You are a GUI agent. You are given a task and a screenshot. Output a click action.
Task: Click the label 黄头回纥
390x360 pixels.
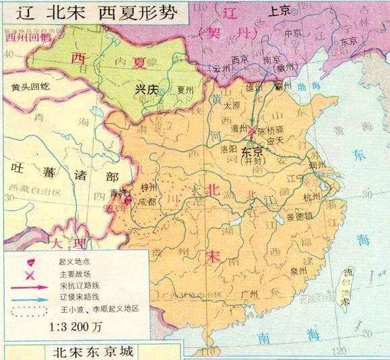(x=26, y=87)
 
